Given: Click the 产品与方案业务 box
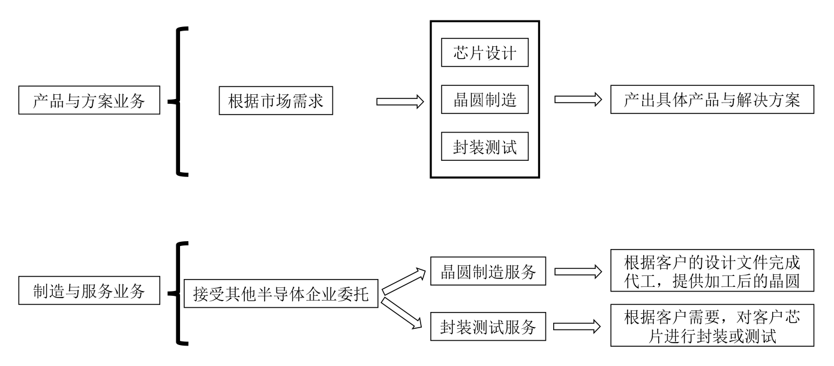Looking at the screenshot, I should [x=89, y=101].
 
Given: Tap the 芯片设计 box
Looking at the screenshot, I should [x=484, y=53].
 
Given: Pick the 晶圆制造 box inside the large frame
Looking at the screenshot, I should [x=484, y=100].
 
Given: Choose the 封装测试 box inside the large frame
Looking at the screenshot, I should [x=484, y=146].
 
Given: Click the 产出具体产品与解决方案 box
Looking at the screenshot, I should [x=712, y=100].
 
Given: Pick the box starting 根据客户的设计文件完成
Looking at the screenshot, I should [x=712, y=271].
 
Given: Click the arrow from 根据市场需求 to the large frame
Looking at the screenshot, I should [x=400, y=101].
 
